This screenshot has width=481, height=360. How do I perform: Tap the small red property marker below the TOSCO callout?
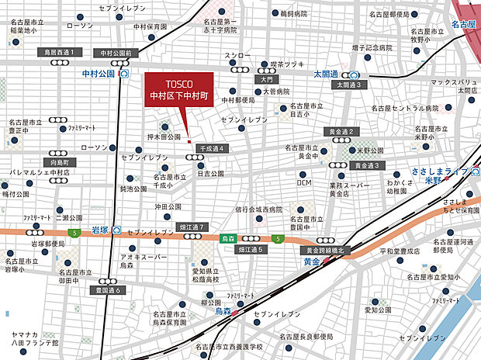(189, 140)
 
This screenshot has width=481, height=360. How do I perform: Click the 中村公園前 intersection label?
(116, 53)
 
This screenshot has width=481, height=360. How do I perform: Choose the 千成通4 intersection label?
(211, 147)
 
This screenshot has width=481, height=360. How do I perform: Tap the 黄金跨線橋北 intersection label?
(327, 251)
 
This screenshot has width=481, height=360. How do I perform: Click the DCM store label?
(304, 183)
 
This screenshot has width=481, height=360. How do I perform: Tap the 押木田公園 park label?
(164, 137)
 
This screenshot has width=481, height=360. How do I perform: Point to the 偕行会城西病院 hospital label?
(259, 210)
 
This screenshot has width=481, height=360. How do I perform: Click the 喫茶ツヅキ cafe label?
(285, 64)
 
